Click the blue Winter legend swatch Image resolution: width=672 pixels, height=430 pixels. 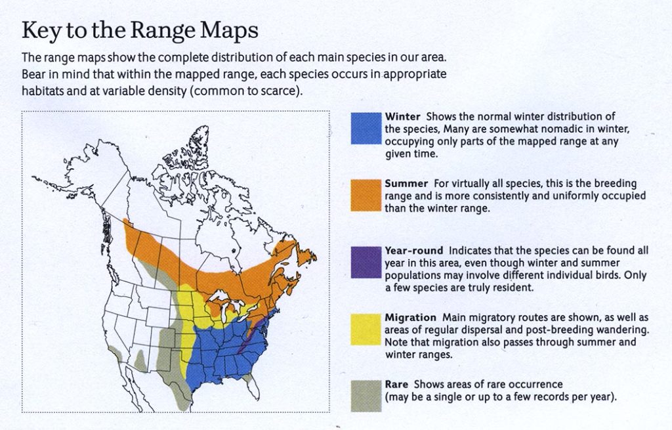(x=366, y=128)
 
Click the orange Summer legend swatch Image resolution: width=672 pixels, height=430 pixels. (x=366, y=196)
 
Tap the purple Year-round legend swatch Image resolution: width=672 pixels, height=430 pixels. (x=366, y=263)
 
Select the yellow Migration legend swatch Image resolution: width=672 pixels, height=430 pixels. (x=366, y=330)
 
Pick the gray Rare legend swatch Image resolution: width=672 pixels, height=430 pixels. (x=366, y=396)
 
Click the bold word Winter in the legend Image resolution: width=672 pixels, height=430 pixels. (x=402, y=117)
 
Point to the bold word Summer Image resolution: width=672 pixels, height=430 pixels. (x=406, y=184)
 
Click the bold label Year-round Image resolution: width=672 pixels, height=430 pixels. (x=413, y=250)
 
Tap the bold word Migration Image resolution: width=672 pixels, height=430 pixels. (x=410, y=318)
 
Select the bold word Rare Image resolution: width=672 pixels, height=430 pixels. (x=396, y=384)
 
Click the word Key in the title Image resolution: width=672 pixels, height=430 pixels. (x=41, y=31)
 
